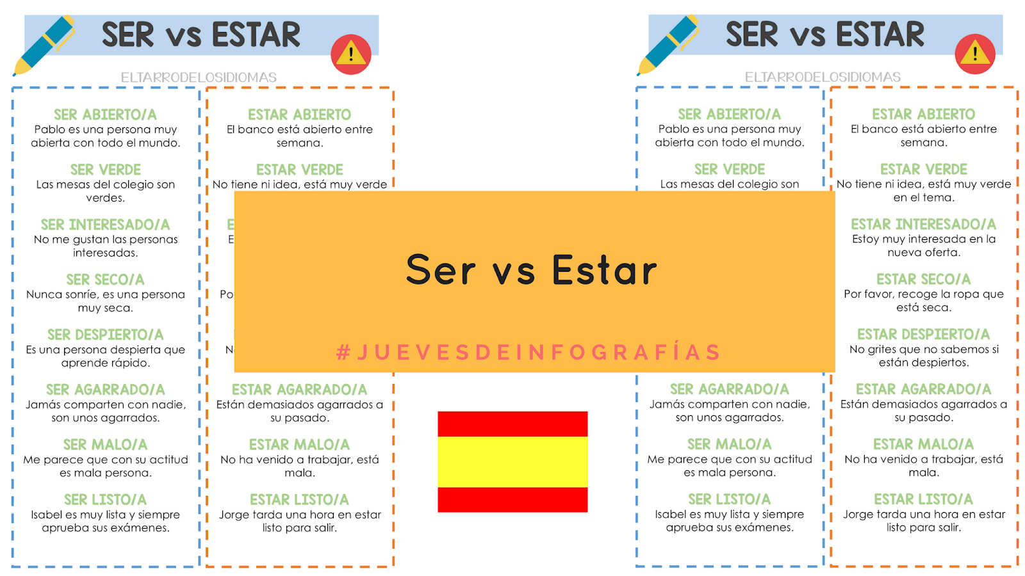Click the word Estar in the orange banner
pyautogui.click(x=604, y=270)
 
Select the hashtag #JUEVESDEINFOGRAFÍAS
pyautogui.click(x=529, y=352)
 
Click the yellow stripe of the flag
pyautogui.click(x=512, y=461)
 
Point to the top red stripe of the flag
pyautogui.click(x=512, y=424)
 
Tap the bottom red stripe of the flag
pyautogui.click(x=512, y=499)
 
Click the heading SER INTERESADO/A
pyautogui.click(x=105, y=225)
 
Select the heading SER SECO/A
pyautogui.click(x=105, y=280)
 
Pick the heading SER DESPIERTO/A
pyautogui.click(x=105, y=335)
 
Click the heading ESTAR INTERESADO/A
pyautogui.click(x=923, y=224)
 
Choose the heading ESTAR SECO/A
pyautogui.click(x=923, y=279)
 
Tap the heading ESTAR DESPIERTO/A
pyautogui.click(x=923, y=334)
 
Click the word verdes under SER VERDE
pyautogui.click(x=105, y=198)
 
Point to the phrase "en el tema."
pyautogui.click(x=923, y=197)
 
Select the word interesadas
pyautogui.click(x=105, y=253)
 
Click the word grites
pyautogui.click(x=887, y=349)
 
